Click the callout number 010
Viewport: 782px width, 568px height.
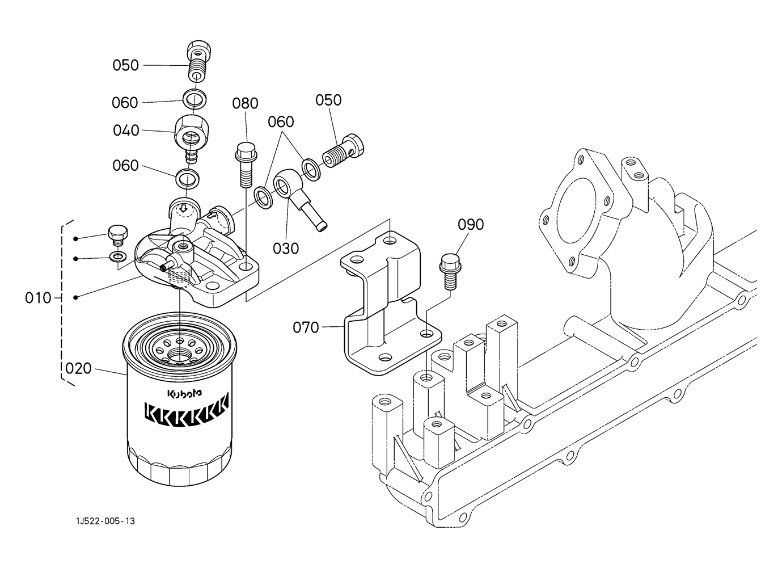[38, 297]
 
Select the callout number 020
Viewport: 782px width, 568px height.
[78, 368]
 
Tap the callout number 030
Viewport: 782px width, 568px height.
[286, 248]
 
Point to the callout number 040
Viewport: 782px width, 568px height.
[126, 131]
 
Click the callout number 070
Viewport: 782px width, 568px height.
[306, 327]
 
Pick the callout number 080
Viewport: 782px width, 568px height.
[245, 103]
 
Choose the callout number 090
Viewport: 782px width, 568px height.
[471, 225]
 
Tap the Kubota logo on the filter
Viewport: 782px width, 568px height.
[180, 394]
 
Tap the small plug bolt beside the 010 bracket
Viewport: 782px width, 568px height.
[117, 235]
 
